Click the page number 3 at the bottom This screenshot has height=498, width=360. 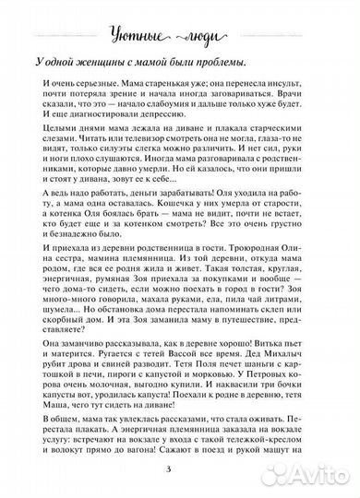pyautogui.click(x=180, y=475)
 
